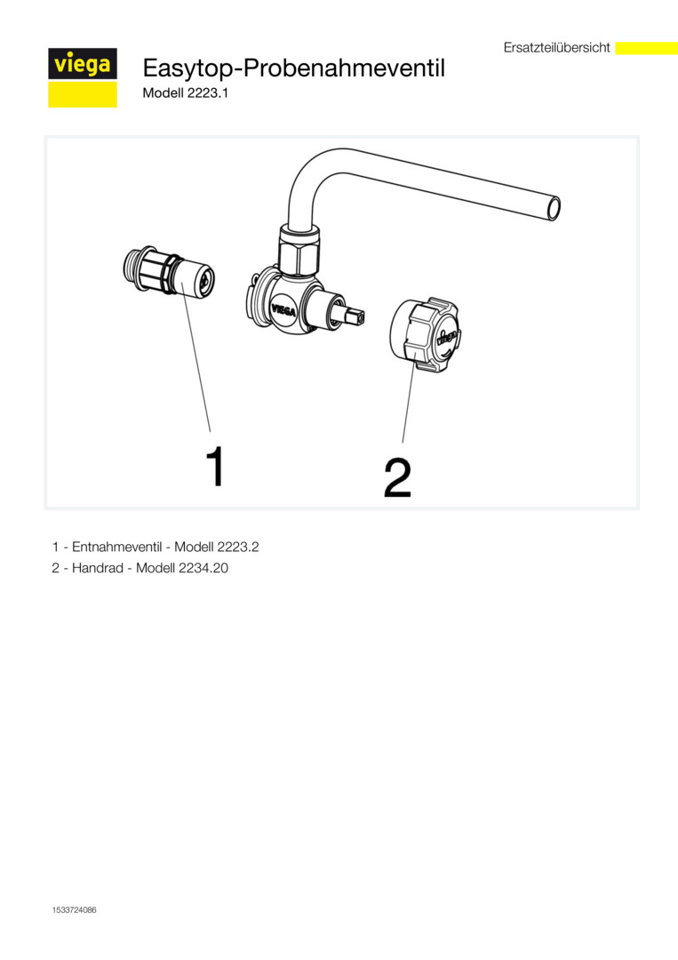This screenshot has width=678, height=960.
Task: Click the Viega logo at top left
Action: (83, 77)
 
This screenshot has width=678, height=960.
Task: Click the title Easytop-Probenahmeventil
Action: (294, 68)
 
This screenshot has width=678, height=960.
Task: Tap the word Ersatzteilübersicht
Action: (557, 47)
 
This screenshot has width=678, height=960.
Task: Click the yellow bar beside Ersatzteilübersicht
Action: (646, 48)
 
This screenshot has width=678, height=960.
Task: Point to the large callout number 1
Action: (215, 467)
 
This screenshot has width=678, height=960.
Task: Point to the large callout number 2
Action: (397, 477)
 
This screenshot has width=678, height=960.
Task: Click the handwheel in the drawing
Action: (425, 335)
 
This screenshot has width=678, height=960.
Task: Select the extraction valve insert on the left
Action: (168, 273)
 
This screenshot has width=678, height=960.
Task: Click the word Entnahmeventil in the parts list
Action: (117, 547)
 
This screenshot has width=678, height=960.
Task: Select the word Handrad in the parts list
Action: (97, 568)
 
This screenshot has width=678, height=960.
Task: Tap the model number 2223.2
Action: (238, 547)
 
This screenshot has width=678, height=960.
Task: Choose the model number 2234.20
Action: (203, 568)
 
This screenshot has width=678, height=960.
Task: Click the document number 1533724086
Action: (74, 910)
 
